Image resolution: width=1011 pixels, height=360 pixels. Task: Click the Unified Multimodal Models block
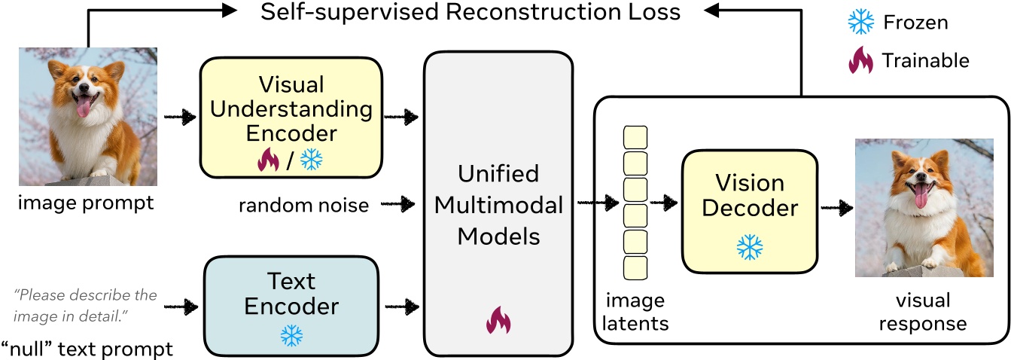tap(500, 203)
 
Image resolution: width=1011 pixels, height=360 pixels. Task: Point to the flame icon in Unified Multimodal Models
tap(498, 320)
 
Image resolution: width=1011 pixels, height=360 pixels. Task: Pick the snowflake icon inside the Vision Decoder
tap(749, 246)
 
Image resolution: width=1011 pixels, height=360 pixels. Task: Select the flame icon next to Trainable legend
tap(859, 59)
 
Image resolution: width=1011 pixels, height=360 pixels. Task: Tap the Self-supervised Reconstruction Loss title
tap(470, 13)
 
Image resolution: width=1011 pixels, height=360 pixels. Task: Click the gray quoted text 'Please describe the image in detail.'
tap(85, 304)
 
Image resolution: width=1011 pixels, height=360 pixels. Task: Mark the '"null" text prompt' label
tap(87, 349)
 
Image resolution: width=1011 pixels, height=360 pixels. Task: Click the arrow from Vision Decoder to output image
tap(836, 204)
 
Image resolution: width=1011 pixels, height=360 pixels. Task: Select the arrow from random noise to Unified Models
tap(397, 204)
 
